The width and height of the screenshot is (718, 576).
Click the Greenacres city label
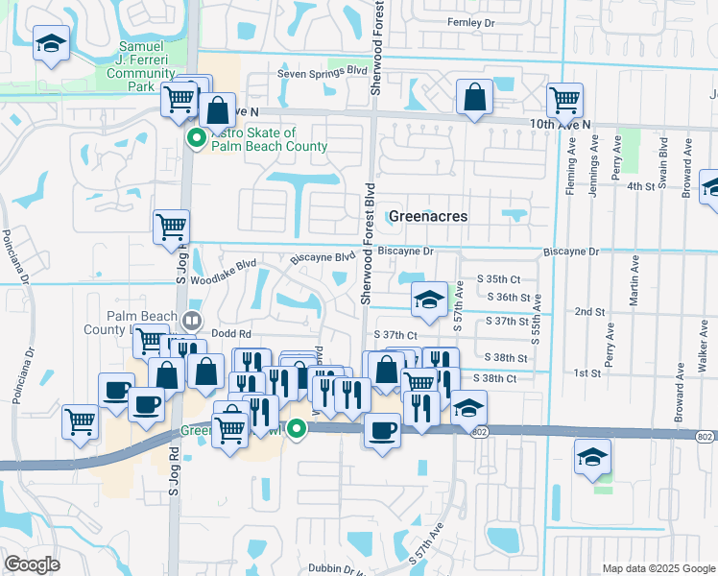coord(428,216)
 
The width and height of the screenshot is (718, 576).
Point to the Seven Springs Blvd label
coord(323,72)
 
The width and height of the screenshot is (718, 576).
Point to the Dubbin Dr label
coord(337,567)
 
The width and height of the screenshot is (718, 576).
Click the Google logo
coord(32,564)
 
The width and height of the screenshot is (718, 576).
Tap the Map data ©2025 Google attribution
coord(658,568)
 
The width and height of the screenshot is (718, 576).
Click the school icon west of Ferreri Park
coord(51,43)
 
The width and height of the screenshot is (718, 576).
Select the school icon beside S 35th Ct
coord(429,299)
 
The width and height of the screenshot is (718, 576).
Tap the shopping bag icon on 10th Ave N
coord(474,96)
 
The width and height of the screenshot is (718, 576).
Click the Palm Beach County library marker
coord(193,320)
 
